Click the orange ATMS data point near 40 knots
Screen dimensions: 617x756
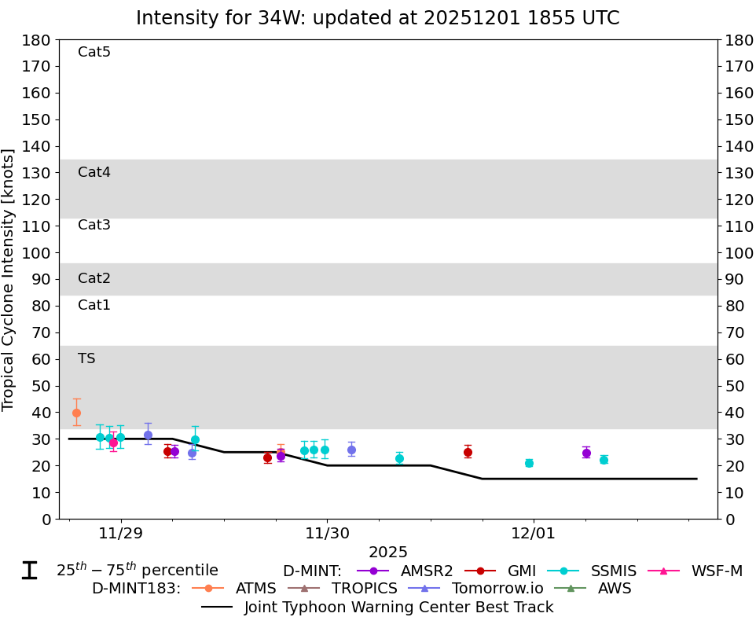click(x=76, y=413)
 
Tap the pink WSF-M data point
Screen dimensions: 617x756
click(x=113, y=443)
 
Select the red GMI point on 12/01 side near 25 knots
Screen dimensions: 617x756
click(x=468, y=452)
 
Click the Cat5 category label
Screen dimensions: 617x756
click(x=94, y=53)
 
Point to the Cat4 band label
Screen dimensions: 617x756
click(x=94, y=172)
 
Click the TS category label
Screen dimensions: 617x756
click(x=86, y=358)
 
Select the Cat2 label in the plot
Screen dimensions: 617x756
click(x=94, y=278)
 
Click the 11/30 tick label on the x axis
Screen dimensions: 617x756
click(x=327, y=534)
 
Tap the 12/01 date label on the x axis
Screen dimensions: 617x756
click(x=534, y=534)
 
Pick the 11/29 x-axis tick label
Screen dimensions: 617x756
click(x=121, y=534)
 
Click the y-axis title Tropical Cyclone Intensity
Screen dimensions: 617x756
click(x=9, y=279)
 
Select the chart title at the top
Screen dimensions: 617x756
click(x=377, y=18)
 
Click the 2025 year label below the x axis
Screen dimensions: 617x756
click(x=388, y=553)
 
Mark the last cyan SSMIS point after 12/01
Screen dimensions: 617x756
click(x=604, y=460)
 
